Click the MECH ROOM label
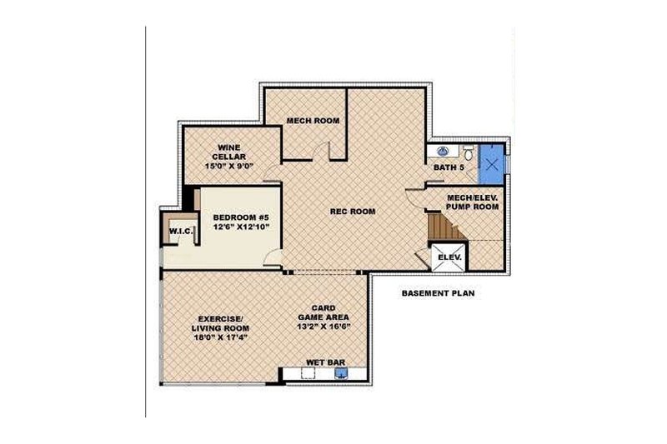coord(313,122)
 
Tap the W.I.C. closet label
coord(180,231)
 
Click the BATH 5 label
coord(449,168)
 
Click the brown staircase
coord(439,226)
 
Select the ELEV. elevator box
coord(449,257)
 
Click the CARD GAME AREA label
coord(323,312)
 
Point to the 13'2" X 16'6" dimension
coord(323,327)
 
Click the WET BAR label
coord(323,362)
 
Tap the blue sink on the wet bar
coord(340,374)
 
